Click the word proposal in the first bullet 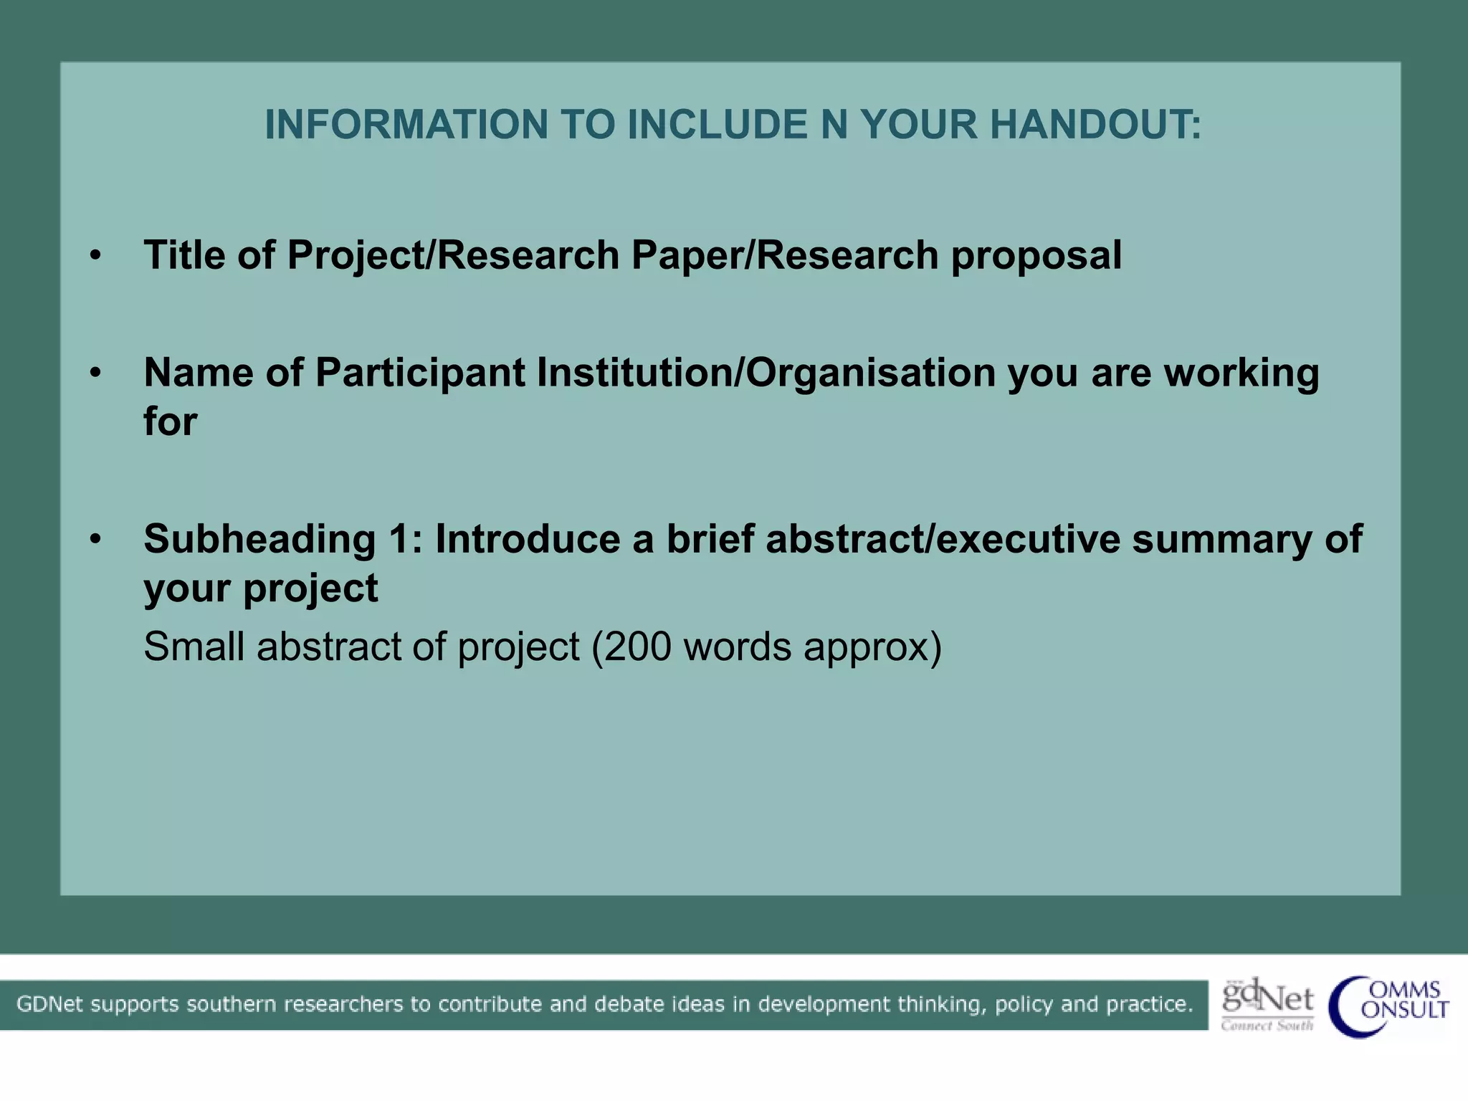(1036, 256)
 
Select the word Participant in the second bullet (420, 373)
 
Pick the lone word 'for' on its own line (170, 421)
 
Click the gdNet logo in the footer (1267, 1004)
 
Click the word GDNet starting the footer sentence (49, 1004)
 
